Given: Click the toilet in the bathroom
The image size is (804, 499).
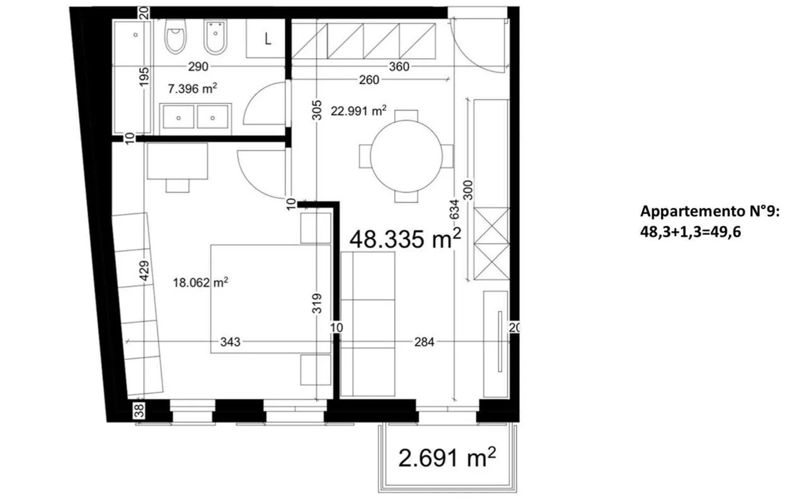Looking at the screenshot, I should tap(175, 37).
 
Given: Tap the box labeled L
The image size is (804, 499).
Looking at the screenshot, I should tap(267, 39).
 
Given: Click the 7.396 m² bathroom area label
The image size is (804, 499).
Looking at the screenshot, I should tap(192, 88).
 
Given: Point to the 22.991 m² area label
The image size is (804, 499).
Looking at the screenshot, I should tap(358, 111).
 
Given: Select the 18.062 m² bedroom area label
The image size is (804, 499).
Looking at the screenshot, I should tap(200, 283).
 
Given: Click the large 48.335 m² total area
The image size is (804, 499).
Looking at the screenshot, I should tap(405, 240).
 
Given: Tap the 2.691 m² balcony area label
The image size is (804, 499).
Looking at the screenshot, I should tap(447, 458).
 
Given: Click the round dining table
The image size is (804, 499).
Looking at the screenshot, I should tap(406, 156).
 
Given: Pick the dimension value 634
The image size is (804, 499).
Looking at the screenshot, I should tap(454, 210).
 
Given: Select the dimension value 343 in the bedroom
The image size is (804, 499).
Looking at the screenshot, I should tap(230, 341).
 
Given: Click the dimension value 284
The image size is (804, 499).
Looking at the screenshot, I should tap(424, 341).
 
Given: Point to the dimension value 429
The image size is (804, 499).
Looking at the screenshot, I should tap(144, 271).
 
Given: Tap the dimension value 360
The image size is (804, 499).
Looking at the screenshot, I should tap(399, 66).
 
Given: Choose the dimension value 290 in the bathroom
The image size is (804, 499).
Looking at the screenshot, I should tap(198, 66).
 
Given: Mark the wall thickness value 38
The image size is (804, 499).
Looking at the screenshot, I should tap(140, 411).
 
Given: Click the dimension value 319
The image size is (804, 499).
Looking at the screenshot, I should tap(317, 303).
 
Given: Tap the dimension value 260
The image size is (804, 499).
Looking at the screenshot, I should tap(369, 80).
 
